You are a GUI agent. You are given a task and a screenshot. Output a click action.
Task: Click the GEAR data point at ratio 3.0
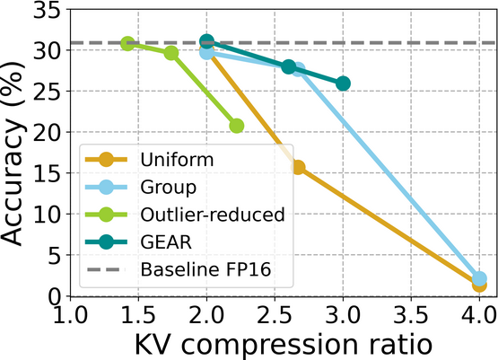tap(343, 83)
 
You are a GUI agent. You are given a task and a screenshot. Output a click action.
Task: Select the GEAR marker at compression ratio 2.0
tap(206, 41)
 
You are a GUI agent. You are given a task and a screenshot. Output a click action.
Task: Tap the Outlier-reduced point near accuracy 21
tap(237, 126)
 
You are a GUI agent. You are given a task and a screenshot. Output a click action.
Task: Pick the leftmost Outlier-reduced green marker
tap(127, 43)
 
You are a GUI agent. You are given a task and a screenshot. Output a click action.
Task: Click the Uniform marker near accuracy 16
tap(297, 167)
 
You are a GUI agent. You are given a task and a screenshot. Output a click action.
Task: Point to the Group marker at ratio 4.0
tap(479, 279)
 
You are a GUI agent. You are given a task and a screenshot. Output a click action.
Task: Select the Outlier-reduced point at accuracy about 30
tap(170, 53)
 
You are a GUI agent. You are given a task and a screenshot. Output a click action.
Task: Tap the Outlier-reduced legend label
tap(213, 214)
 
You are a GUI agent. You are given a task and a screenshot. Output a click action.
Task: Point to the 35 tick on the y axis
tap(41, 10)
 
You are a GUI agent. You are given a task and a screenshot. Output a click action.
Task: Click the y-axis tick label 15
tap(41, 173)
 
